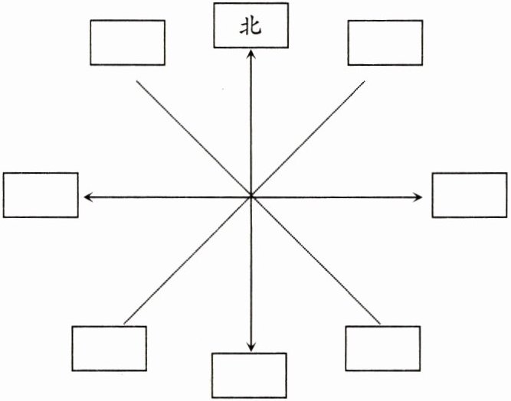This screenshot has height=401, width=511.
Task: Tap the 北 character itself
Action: tap(251, 28)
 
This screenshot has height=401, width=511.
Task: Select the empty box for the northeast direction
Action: tap(385, 43)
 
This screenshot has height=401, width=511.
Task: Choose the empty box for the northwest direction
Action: tap(128, 43)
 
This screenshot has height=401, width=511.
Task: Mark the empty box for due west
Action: tap(41, 196)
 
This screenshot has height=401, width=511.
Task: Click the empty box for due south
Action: tap(250, 376)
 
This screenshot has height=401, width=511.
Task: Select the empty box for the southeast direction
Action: tap(382, 349)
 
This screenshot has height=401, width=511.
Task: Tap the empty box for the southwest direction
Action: tap(110, 349)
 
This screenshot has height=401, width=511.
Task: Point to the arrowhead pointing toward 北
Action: tap(251, 53)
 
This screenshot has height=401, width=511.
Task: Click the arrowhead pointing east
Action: tap(418, 197)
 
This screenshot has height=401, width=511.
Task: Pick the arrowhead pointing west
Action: tap(87, 197)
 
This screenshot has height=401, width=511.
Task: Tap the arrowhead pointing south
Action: tap(251, 345)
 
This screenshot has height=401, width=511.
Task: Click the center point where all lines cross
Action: tap(251, 197)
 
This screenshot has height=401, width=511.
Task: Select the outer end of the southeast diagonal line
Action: tap(378, 322)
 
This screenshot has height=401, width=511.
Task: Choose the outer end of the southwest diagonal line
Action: tap(124, 322)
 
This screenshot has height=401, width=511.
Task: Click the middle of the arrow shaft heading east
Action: tap(336, 197)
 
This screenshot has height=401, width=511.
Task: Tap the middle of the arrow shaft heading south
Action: tap(251, 272)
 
